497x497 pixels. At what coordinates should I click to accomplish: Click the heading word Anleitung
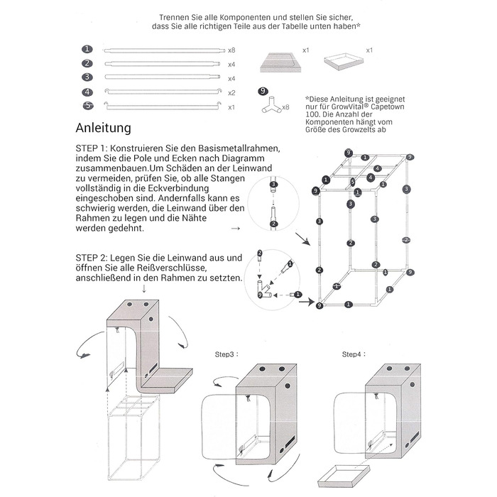104,129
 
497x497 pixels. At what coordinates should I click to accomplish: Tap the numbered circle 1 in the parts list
87,50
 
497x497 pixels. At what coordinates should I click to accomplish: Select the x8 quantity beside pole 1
231,50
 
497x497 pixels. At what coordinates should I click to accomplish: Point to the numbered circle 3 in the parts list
87,77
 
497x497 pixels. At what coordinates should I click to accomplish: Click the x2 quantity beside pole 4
231,92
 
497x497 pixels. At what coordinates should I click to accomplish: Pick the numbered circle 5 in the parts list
87,106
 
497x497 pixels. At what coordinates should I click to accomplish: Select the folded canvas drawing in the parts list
278,62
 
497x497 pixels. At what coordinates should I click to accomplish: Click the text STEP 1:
91,148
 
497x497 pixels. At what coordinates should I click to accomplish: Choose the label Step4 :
351,354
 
